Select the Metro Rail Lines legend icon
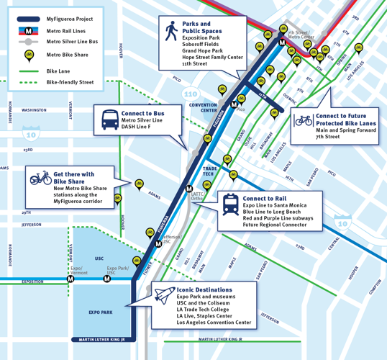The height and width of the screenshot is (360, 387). pyautogui.click(x=29, y=30)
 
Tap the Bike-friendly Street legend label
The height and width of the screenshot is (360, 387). pyautogui.click(x=70, y=82)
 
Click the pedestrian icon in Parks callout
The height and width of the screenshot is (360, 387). pyautogui.click(x=171, y=31)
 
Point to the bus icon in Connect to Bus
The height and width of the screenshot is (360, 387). pyautogui.click(x=110, y=120)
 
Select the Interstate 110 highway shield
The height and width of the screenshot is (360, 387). pyautogui.click(x=191, y=94)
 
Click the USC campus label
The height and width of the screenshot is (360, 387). pyautogui.click(x=99, y=258)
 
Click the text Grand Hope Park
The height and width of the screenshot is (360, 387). pyautogui.click(x=204, y=50)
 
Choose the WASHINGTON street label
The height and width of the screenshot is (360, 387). pyautogui.click(x=34, y=110)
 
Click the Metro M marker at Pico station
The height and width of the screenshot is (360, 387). pyautogui.click(x=234, y=105)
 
